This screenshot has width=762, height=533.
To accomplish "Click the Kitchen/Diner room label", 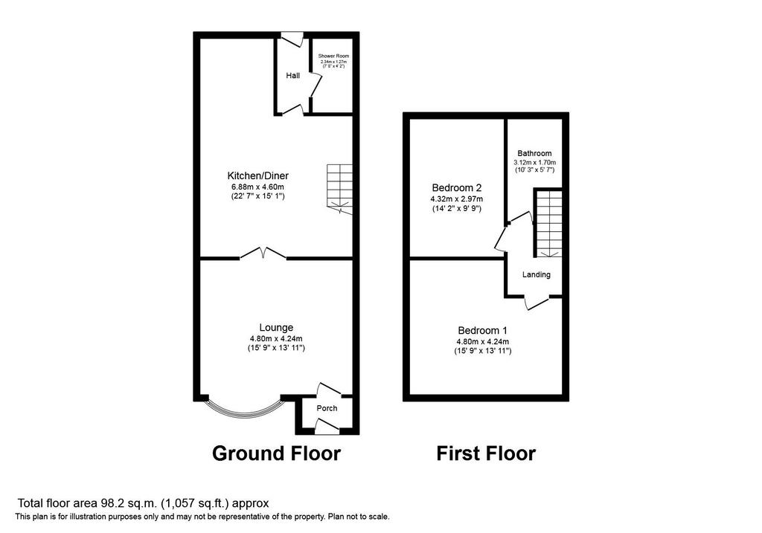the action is pos(257,175).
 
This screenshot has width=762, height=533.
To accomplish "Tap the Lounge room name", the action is pos(276,328).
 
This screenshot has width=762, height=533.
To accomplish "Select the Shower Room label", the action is pos(333,56).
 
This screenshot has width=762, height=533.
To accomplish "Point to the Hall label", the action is pos(292,75).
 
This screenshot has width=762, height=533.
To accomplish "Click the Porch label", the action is pos(327,408).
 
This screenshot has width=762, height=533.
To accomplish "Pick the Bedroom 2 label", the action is pos(456,187).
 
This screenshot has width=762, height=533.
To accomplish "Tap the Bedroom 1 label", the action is pos(482,331).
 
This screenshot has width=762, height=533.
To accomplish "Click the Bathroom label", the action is pos(534,153).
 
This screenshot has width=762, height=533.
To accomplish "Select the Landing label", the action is pos(537,275).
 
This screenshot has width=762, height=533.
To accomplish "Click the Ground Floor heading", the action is pos(277,453).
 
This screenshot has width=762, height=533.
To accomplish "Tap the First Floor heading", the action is pos(486,453).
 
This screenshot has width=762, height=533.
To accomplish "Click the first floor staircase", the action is pos(548,223).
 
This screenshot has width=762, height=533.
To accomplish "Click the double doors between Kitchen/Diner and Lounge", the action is pos(263,253).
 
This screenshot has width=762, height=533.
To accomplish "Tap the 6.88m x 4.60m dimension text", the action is pos(257,187).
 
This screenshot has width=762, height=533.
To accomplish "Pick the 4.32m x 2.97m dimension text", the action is pos(456,199).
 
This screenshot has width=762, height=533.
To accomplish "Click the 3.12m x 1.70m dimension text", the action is pos(534,163).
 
